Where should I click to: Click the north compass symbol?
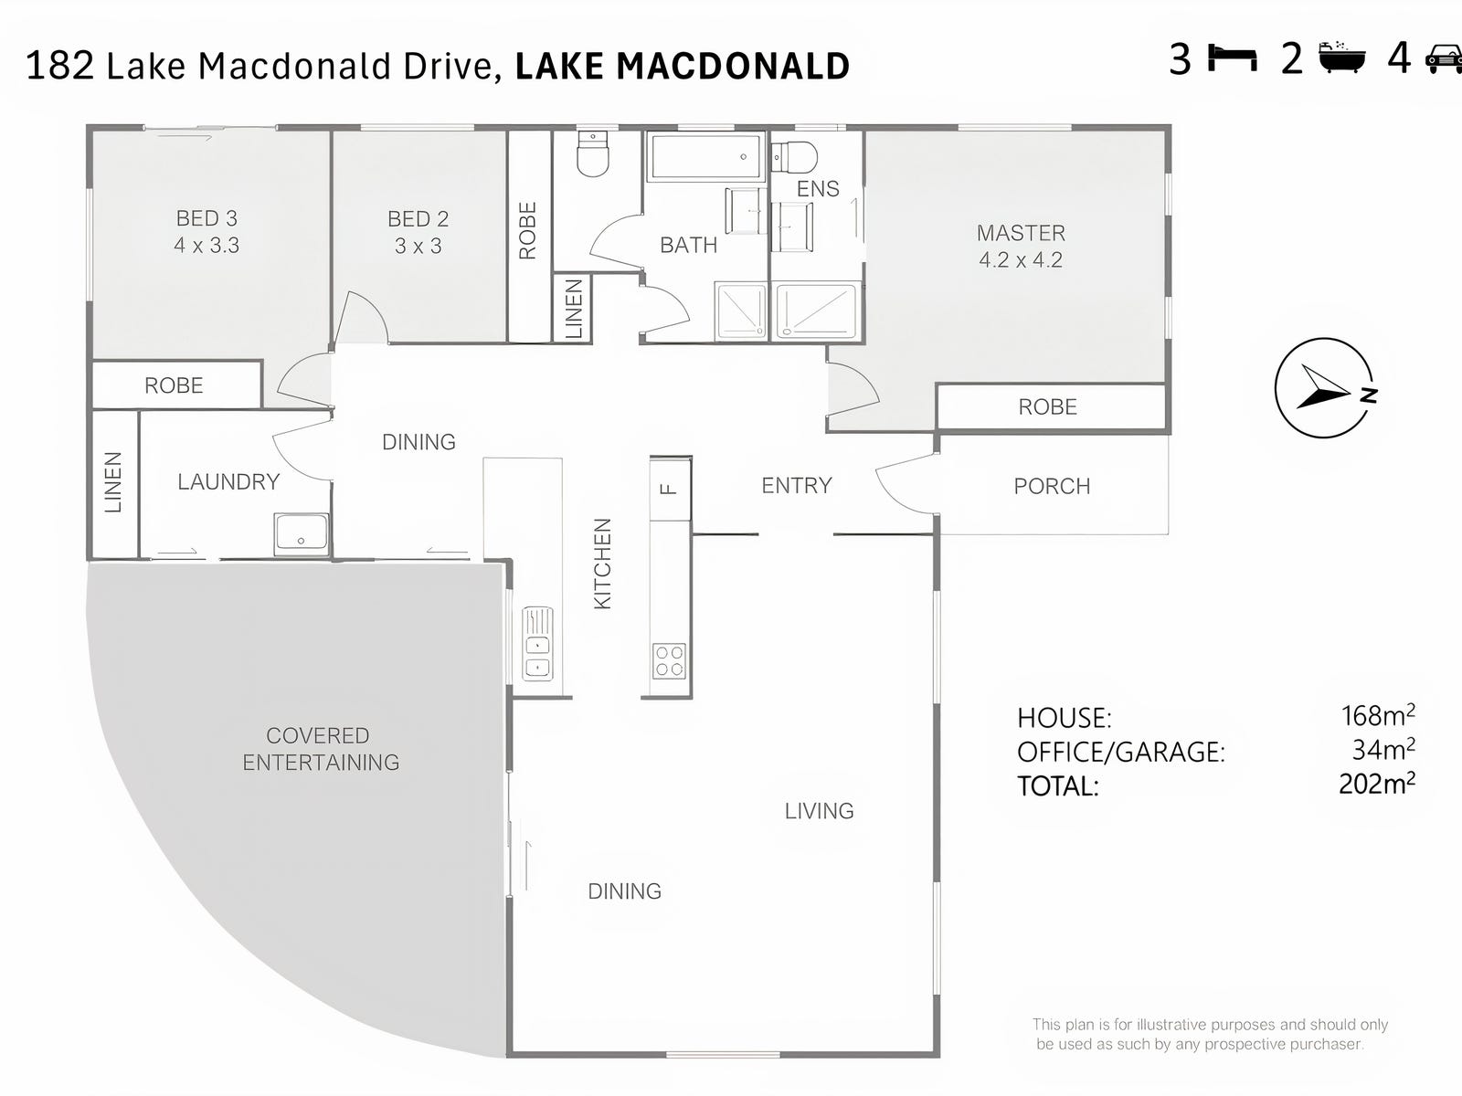1326,388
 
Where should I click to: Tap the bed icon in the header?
1233,58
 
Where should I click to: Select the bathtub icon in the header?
1342,57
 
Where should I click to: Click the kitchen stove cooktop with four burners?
670,660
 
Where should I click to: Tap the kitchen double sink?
537,644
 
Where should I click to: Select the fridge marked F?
670,490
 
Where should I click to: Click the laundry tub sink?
302,533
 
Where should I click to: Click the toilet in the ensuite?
794,158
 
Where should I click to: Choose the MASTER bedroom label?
1021,233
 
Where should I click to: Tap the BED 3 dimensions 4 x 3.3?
207,246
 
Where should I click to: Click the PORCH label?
1053,487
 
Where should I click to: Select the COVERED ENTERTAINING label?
321,749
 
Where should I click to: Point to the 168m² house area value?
1378,715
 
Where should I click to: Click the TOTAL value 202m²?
1377,784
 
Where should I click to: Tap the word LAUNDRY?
228,482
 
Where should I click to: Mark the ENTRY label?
797,486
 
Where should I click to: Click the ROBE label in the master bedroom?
1048,406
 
